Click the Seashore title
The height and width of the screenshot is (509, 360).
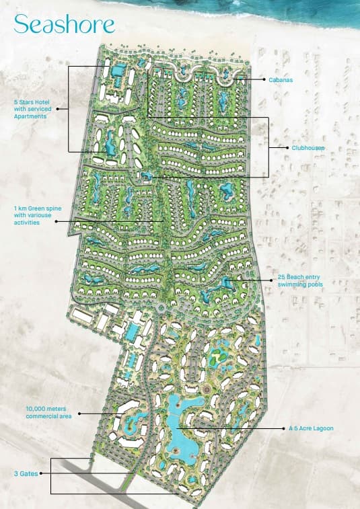pos(65,24)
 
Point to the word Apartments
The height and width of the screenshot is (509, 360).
pos(32,116)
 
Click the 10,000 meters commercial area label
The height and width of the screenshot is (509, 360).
pos(48,412)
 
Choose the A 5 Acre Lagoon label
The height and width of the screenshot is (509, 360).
pos(311,428)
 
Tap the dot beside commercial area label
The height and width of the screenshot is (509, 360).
pos(79,413)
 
